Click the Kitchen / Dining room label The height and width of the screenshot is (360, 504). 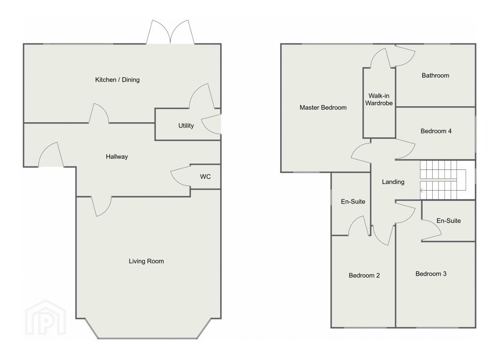117,79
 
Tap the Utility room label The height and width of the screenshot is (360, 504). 186,126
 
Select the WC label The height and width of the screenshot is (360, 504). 205,176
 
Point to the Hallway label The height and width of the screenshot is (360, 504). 117,157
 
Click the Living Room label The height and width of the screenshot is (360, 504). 146,261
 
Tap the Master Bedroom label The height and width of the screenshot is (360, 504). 323,107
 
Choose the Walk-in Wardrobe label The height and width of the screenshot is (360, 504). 379,99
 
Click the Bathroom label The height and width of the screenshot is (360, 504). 436,75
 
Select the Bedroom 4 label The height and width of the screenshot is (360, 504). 436,131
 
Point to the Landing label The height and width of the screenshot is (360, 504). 393,182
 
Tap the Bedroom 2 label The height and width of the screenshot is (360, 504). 364,275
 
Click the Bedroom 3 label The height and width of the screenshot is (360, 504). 431,274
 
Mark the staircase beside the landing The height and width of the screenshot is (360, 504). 442,180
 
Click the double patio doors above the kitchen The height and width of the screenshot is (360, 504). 170,32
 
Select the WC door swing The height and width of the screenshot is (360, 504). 181,176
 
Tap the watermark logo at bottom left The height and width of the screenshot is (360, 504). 45,318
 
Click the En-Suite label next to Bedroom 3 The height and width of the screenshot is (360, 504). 448,221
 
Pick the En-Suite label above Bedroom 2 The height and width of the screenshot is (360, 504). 353,202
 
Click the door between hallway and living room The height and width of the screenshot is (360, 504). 101,206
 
